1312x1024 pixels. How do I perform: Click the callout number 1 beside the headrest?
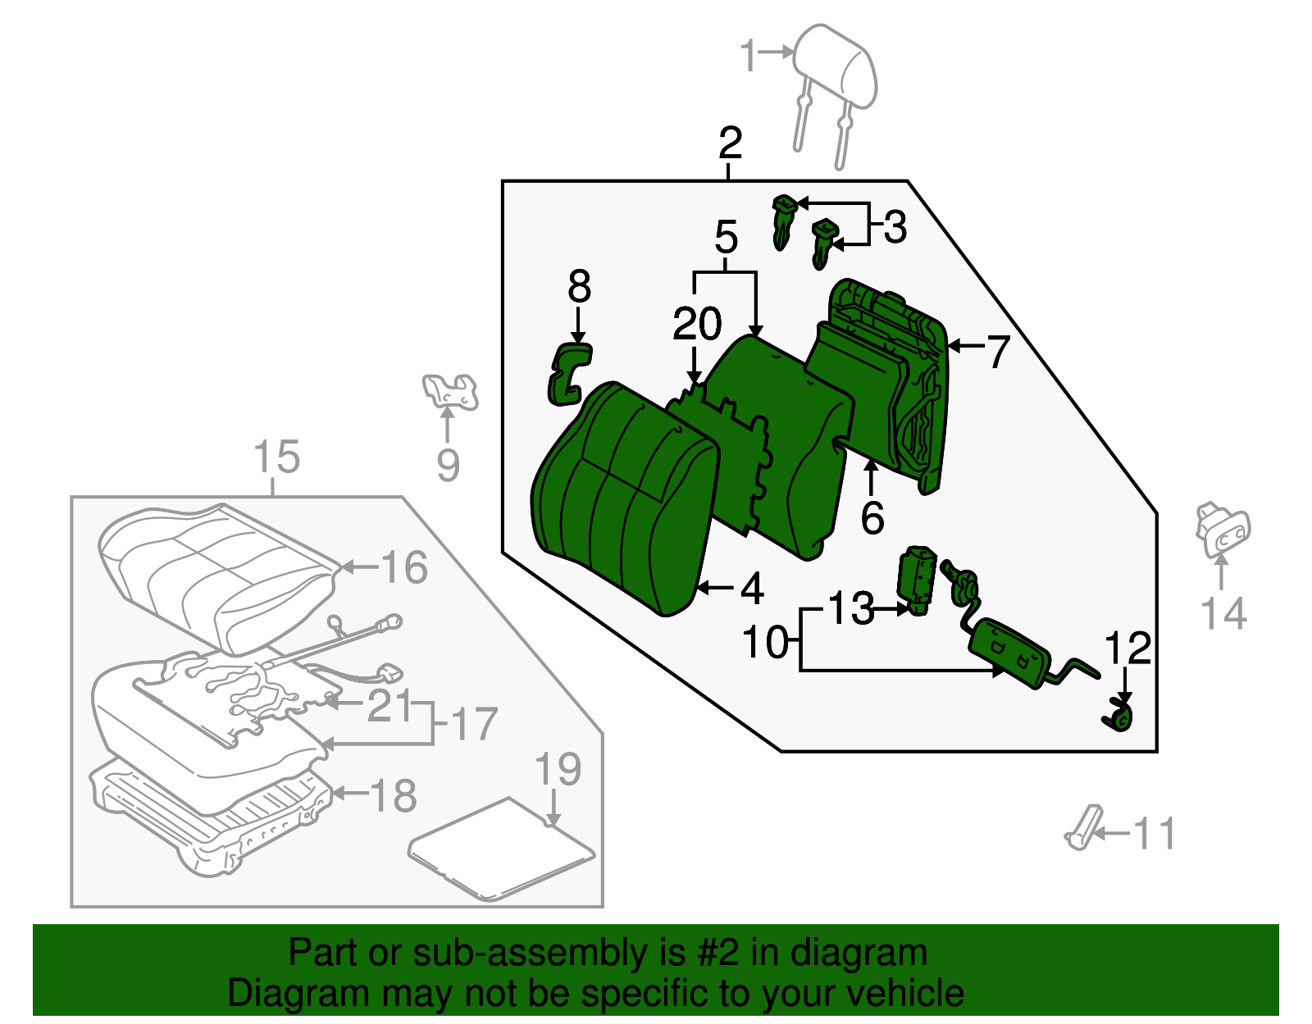coord(747,55)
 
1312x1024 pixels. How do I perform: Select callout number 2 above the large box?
coord(729,143)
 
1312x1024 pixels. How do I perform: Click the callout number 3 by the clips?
coord(895,227)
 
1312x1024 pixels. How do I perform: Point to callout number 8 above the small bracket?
coord(579,287)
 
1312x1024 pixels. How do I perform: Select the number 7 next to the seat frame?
coord(997,352)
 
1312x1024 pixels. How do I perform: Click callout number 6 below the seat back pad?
coord(872,517)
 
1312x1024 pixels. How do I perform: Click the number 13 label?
coord(850,608)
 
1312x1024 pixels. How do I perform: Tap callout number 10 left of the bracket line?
coord(765,643)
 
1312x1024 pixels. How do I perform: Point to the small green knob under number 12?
coord(1118,720)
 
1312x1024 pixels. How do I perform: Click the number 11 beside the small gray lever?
coord(1154,834)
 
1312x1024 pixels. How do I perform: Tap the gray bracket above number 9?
coord(449,391)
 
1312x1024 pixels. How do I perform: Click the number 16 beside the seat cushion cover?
coord(404,567)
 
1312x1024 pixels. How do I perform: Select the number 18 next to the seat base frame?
coord(393,795)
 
